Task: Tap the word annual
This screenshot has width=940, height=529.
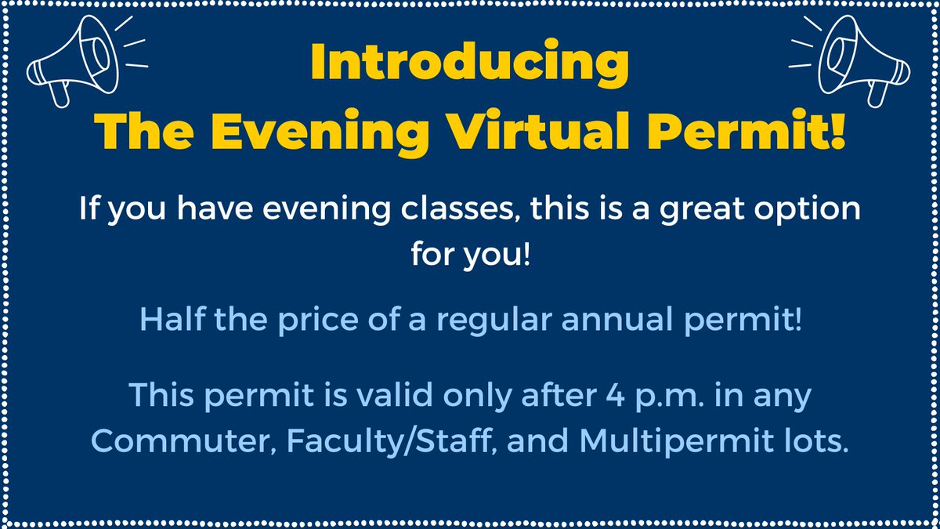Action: tap(602, 321)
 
